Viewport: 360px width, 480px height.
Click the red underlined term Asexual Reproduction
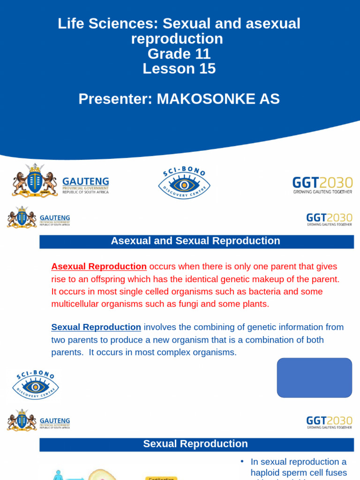tap(99, 267)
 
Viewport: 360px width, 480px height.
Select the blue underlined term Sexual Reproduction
tap(96, 327)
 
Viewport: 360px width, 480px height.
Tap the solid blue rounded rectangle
tap(315, 378)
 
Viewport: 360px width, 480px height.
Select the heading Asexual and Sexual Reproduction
tap(195, 241)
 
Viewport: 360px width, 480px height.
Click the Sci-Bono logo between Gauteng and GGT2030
tap(184, 182)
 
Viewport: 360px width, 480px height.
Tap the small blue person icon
tap(58, 475)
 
